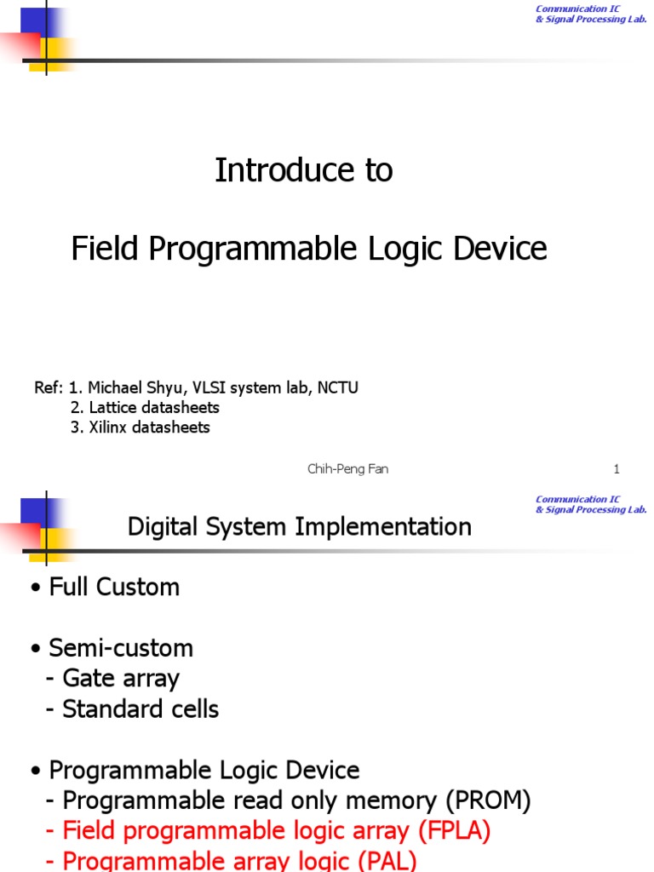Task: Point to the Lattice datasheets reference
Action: point(145,408)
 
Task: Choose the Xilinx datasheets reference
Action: point(141,427)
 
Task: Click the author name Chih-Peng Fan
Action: point(347,469)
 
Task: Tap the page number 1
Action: point(617,469)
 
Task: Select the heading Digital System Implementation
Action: point(299,527)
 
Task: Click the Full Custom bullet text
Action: point(114,587)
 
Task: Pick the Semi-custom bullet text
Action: point(121,648)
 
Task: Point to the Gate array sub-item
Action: point(120,679)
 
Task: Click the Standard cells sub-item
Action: point(141,709)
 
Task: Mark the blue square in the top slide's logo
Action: point(32,19)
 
